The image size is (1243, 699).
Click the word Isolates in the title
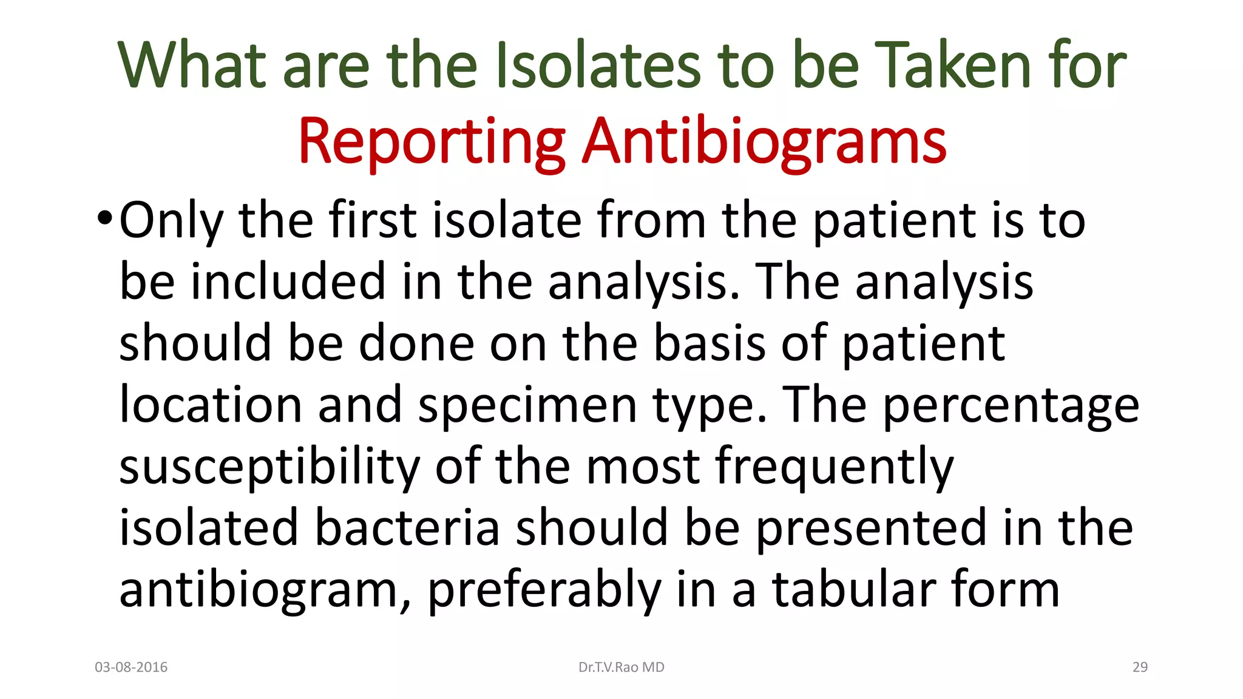coord(598,65)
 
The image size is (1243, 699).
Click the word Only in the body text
coord(171,221)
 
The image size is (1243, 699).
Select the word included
coord(288,282)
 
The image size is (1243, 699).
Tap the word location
coord(211,405)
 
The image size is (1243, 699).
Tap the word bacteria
coord(407,528)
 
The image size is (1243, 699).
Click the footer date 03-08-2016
coord(131,667)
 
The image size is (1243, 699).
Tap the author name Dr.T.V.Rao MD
coord(621,667)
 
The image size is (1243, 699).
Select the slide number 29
coord(1140,667)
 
